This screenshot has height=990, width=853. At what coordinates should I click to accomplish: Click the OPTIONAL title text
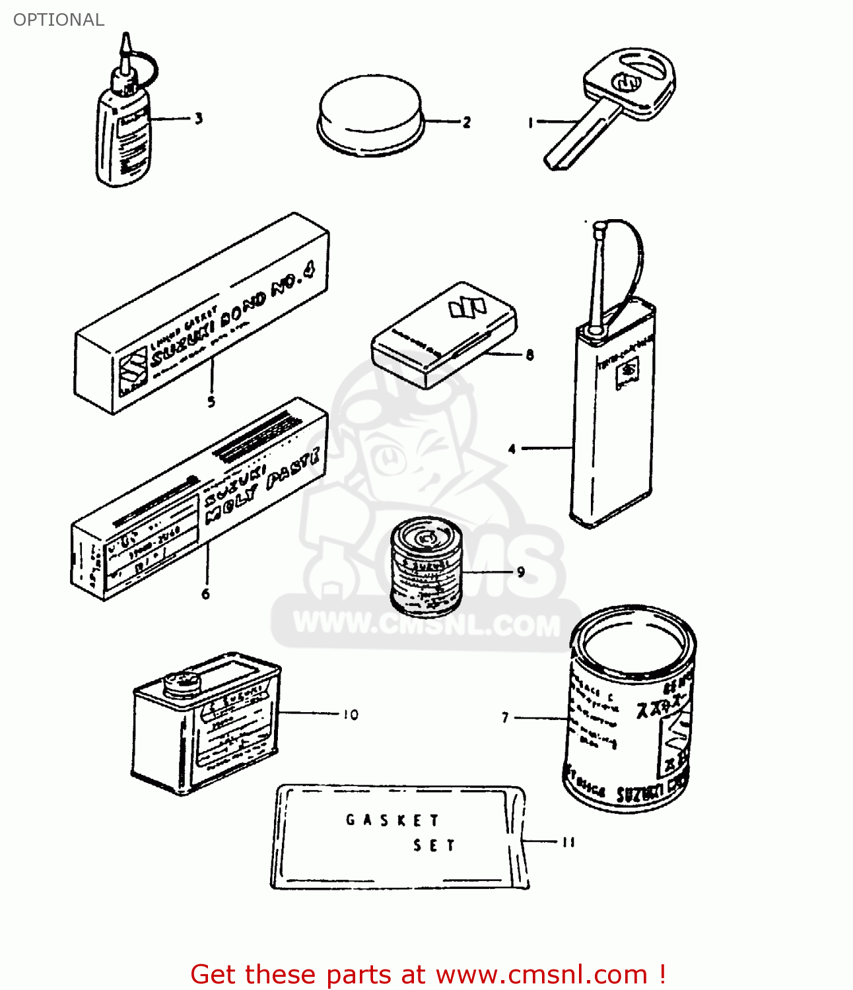pos(59,20)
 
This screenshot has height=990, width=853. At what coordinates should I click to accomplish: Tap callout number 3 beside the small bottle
pos(198,119)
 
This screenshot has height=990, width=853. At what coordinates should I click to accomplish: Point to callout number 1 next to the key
pos(530,123)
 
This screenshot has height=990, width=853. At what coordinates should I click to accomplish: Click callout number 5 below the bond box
pos(211,401)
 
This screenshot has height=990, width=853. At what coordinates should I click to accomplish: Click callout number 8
pos(529,355)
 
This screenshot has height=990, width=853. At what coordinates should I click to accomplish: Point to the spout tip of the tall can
pos(600,226)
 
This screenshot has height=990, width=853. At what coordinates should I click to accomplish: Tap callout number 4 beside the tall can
pos(512,449)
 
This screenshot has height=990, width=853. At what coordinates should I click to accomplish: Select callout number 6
pos(206,594)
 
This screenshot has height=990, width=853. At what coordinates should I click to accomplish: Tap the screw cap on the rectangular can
pos(181,682)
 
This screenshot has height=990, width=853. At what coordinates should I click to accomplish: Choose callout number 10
pos(351,715)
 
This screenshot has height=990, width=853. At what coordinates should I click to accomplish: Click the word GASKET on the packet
pos(392,820)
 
